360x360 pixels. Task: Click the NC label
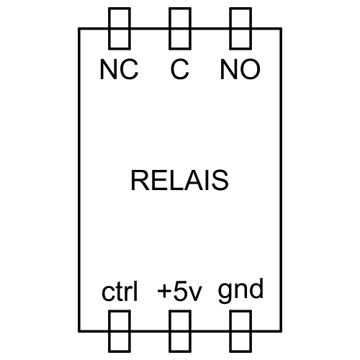pyautogui.click(x=119, y=69)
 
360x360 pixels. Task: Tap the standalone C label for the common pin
pyautogui.click(x=180, y=69)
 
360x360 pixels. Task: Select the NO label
pyautogui.click(x=240, y=69)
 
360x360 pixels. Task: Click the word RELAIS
pyautogui.click(x=179, y=180)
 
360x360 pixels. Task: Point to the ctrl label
pyautogui.click(x=120, y=291)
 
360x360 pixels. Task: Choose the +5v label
pyautogui.click(x=179, y=292)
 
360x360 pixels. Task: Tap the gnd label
pyautogui.click(x=240, y=291)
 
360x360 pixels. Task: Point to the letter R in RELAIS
pyautogui.click(x=140, y=180)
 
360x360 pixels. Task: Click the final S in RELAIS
pyautogui.click(x=219, y=180)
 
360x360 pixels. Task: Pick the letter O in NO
pyautogui.click(x=250, y=69)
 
